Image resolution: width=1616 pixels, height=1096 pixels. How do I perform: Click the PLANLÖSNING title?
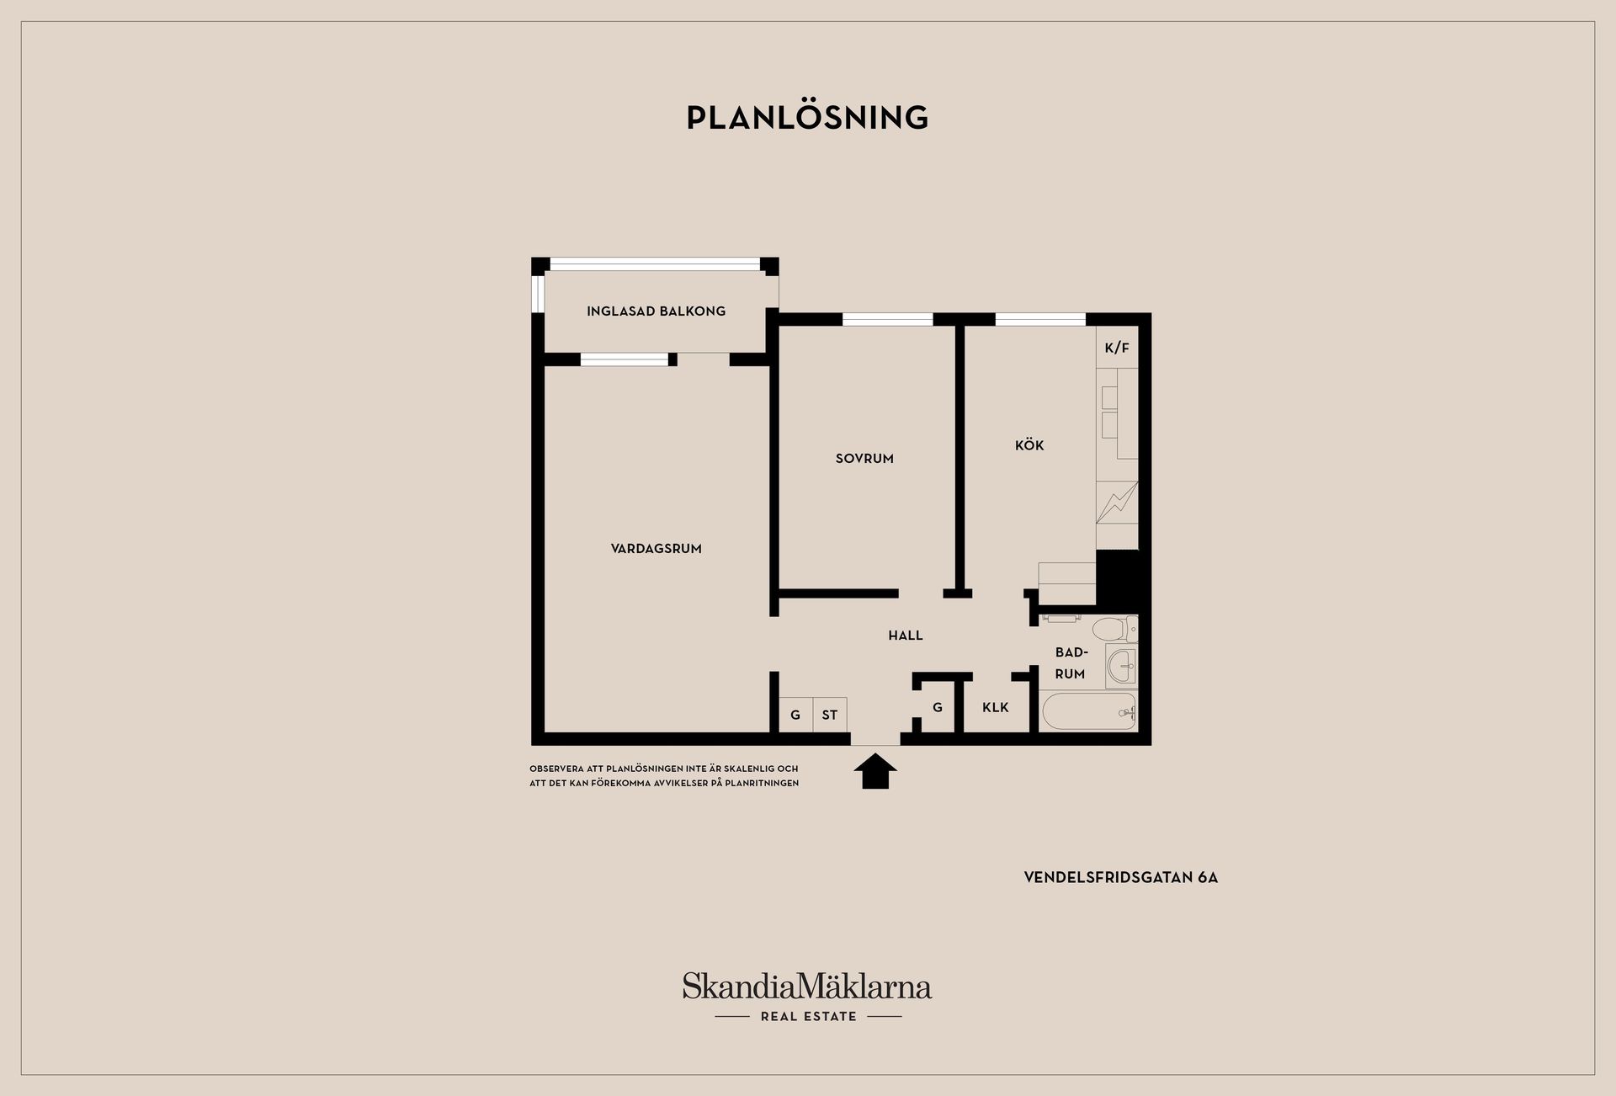click(x=807, y=117)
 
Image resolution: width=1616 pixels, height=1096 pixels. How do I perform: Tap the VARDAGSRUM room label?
click(x=656, y=549)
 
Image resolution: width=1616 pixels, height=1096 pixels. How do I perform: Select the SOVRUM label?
click(x=864, y=459)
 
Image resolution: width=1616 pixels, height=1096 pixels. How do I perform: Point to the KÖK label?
click(x=1029, y=444)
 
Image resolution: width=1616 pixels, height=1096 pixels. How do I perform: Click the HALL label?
click(x=906, y=636)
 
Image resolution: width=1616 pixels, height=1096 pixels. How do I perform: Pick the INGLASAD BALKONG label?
click(x=656, y=311)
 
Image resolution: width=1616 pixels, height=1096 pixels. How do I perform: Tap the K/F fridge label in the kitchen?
click(x=1117, y=348)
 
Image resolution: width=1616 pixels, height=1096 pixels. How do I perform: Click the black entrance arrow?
click(x=875, y=771)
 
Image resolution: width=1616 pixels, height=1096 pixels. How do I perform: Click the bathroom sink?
click(x=1121, y=667)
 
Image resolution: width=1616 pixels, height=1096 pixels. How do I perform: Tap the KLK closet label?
click(x=996, y=708)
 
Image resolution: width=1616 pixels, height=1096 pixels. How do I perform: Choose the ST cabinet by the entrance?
click(x=830, y=715)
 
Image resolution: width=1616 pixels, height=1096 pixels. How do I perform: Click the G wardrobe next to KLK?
click(x=938, y=708)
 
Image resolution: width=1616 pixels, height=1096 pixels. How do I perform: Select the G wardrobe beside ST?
click(x=795, y=715)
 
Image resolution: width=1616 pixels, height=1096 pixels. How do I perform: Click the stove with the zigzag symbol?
click(x=1117, y=503)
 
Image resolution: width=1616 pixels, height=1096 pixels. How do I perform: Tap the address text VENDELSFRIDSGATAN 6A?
click(x=1121, y=877)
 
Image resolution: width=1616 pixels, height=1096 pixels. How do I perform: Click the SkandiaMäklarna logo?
click(x=807, y=997)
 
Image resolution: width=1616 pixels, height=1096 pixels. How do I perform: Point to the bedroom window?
click(x=888, y=319)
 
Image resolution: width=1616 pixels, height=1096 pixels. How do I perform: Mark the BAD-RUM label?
click(x=1071, y=663)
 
